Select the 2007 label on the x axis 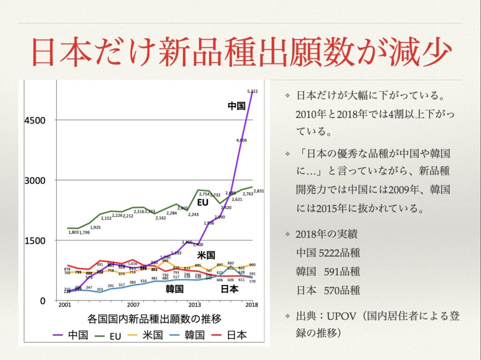coord(133,304)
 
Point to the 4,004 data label coord(242,140)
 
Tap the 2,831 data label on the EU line coord(259,191)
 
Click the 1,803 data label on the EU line coord(74,232)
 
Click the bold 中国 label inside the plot coord(236,106)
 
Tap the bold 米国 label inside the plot coord(206,255)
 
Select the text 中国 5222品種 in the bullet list coord(328,253)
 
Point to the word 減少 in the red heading coord(418,54)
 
